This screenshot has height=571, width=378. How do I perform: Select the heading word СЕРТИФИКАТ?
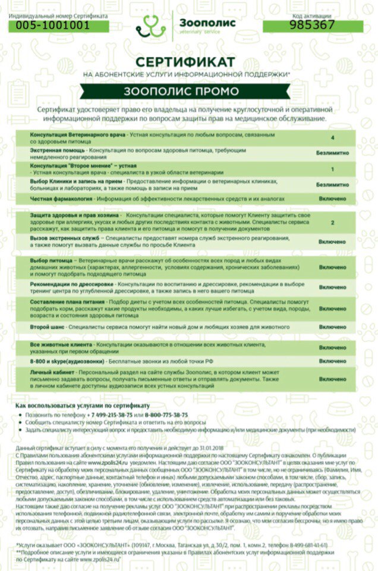click(185, 62)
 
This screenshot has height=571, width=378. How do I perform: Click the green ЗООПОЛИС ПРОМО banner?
click(181, 91)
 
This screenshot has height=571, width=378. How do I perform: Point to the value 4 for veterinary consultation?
click(332, 137)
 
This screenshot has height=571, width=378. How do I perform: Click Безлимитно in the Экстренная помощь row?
click(332, 153)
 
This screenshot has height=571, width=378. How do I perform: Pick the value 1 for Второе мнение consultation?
click(332, 169)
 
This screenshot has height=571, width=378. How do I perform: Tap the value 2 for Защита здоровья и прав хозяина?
click(332, 222)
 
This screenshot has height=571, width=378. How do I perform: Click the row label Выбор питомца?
click(50, 261)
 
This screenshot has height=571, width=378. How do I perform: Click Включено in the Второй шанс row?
click(332, 327)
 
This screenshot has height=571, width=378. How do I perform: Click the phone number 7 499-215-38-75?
click(109, 415)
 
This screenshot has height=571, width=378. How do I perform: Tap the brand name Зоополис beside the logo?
click(207, 22)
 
